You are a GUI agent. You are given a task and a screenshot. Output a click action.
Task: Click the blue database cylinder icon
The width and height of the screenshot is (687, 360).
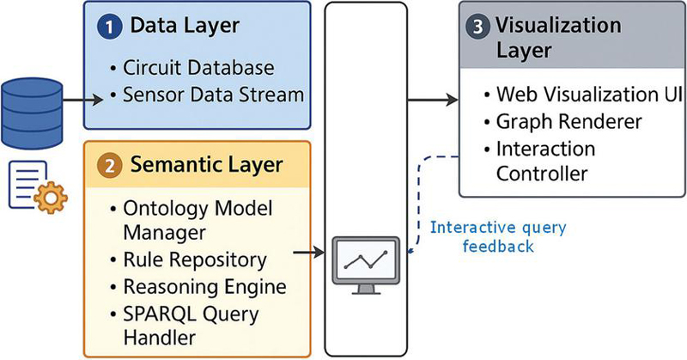tap(32, 113)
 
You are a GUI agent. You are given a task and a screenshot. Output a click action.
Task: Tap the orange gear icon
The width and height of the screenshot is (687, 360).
tap(51, 198)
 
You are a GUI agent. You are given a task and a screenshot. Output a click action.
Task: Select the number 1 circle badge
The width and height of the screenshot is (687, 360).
tap(109, 27)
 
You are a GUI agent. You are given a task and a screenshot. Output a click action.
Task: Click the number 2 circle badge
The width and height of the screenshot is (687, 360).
tap(110, 166)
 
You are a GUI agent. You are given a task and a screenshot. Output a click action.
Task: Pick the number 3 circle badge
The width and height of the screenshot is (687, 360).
tap(478, 27)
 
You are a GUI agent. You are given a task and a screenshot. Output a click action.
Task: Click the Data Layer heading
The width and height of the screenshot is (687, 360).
tap(185, 26)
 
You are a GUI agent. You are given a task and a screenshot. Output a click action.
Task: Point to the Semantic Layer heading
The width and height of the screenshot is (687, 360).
tap(206, 166)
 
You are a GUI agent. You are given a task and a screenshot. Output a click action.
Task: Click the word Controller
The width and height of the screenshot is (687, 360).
tap(542, 174)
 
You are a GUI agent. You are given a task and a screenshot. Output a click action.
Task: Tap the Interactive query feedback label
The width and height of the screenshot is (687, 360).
tap(498, 237)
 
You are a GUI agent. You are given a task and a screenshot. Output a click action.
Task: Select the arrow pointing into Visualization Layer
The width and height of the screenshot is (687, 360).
tap(433, 100)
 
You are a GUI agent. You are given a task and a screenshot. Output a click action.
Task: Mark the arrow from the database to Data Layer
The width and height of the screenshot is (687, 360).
tap(82, 101)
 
